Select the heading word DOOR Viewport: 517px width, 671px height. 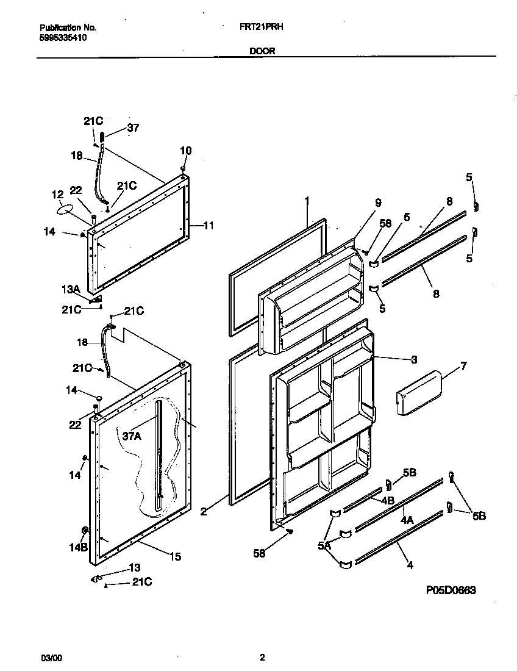262,51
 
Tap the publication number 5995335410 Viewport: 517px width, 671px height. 63,37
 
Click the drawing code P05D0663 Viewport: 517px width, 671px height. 451,590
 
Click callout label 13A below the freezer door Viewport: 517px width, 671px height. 71,289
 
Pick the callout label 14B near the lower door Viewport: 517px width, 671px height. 77,547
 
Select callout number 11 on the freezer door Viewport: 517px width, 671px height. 209,226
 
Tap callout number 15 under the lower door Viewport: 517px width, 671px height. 175,556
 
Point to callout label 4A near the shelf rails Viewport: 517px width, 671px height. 407,520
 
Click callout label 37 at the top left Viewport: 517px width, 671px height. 132,127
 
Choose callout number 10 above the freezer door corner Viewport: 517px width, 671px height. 186,151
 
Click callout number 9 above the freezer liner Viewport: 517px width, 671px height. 378,202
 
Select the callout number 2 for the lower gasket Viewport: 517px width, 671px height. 204,511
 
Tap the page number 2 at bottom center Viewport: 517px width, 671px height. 262,658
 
